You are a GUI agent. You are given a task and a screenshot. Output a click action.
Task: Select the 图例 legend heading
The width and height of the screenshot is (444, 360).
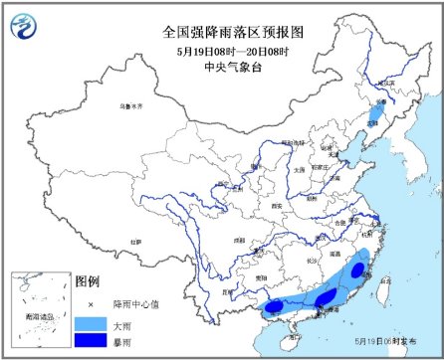tap(89, 281)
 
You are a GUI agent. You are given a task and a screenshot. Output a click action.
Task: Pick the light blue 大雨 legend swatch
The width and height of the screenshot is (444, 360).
tap(90, 321)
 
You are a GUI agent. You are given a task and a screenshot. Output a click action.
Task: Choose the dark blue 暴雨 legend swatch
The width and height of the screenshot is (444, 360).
tap(90, 341)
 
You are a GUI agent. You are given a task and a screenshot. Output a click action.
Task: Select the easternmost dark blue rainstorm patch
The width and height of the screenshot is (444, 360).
tap(359, 268)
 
